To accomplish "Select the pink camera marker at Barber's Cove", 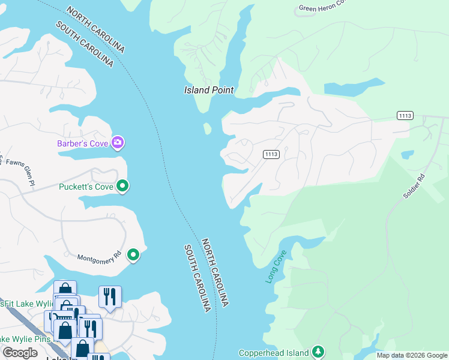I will [118, 142].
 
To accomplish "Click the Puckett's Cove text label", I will [86, 187].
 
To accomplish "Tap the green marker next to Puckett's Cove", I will [122, 186].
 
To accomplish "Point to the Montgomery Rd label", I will [99, 257].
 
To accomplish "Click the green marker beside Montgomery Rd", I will [133, 255].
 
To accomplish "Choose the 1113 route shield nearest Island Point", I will [271, 154].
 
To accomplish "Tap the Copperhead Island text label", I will [273, 353].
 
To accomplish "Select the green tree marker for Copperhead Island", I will [318, 352].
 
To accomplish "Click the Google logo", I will [20, 353].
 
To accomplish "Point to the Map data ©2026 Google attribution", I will [412, 355].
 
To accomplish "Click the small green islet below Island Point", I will [208, 128].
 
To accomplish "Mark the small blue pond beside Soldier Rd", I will [408, 154].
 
